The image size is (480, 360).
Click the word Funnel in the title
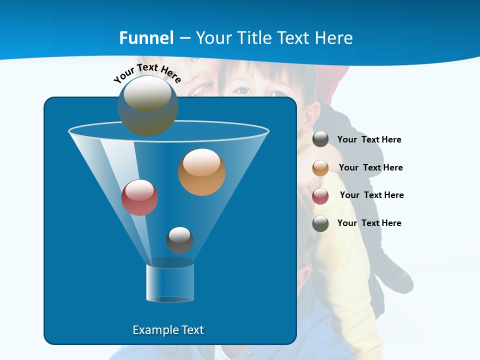[x=146, y=38]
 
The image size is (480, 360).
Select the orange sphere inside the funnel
[x=201, y=172]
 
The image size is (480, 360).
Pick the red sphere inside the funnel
[x=139, y=197]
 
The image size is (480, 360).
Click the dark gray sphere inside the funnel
[x=179, y=240]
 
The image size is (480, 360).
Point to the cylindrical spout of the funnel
[x=170, y=283]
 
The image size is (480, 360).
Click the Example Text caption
[x=168, y=330]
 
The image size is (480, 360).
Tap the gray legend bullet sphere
[x=320, y=139]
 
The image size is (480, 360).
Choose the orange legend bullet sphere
[x=320, y=167]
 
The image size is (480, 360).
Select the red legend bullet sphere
[x=320, y=195]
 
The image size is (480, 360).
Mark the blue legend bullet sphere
[x=320, y=223]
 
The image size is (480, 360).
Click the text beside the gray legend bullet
[x=369, y=139]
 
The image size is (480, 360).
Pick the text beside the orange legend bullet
[x=370, y=167]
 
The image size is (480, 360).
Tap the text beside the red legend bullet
[x=371, y=195]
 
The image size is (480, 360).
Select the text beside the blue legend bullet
[x=369, y=223]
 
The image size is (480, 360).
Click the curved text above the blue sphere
[x=147, y=73]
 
